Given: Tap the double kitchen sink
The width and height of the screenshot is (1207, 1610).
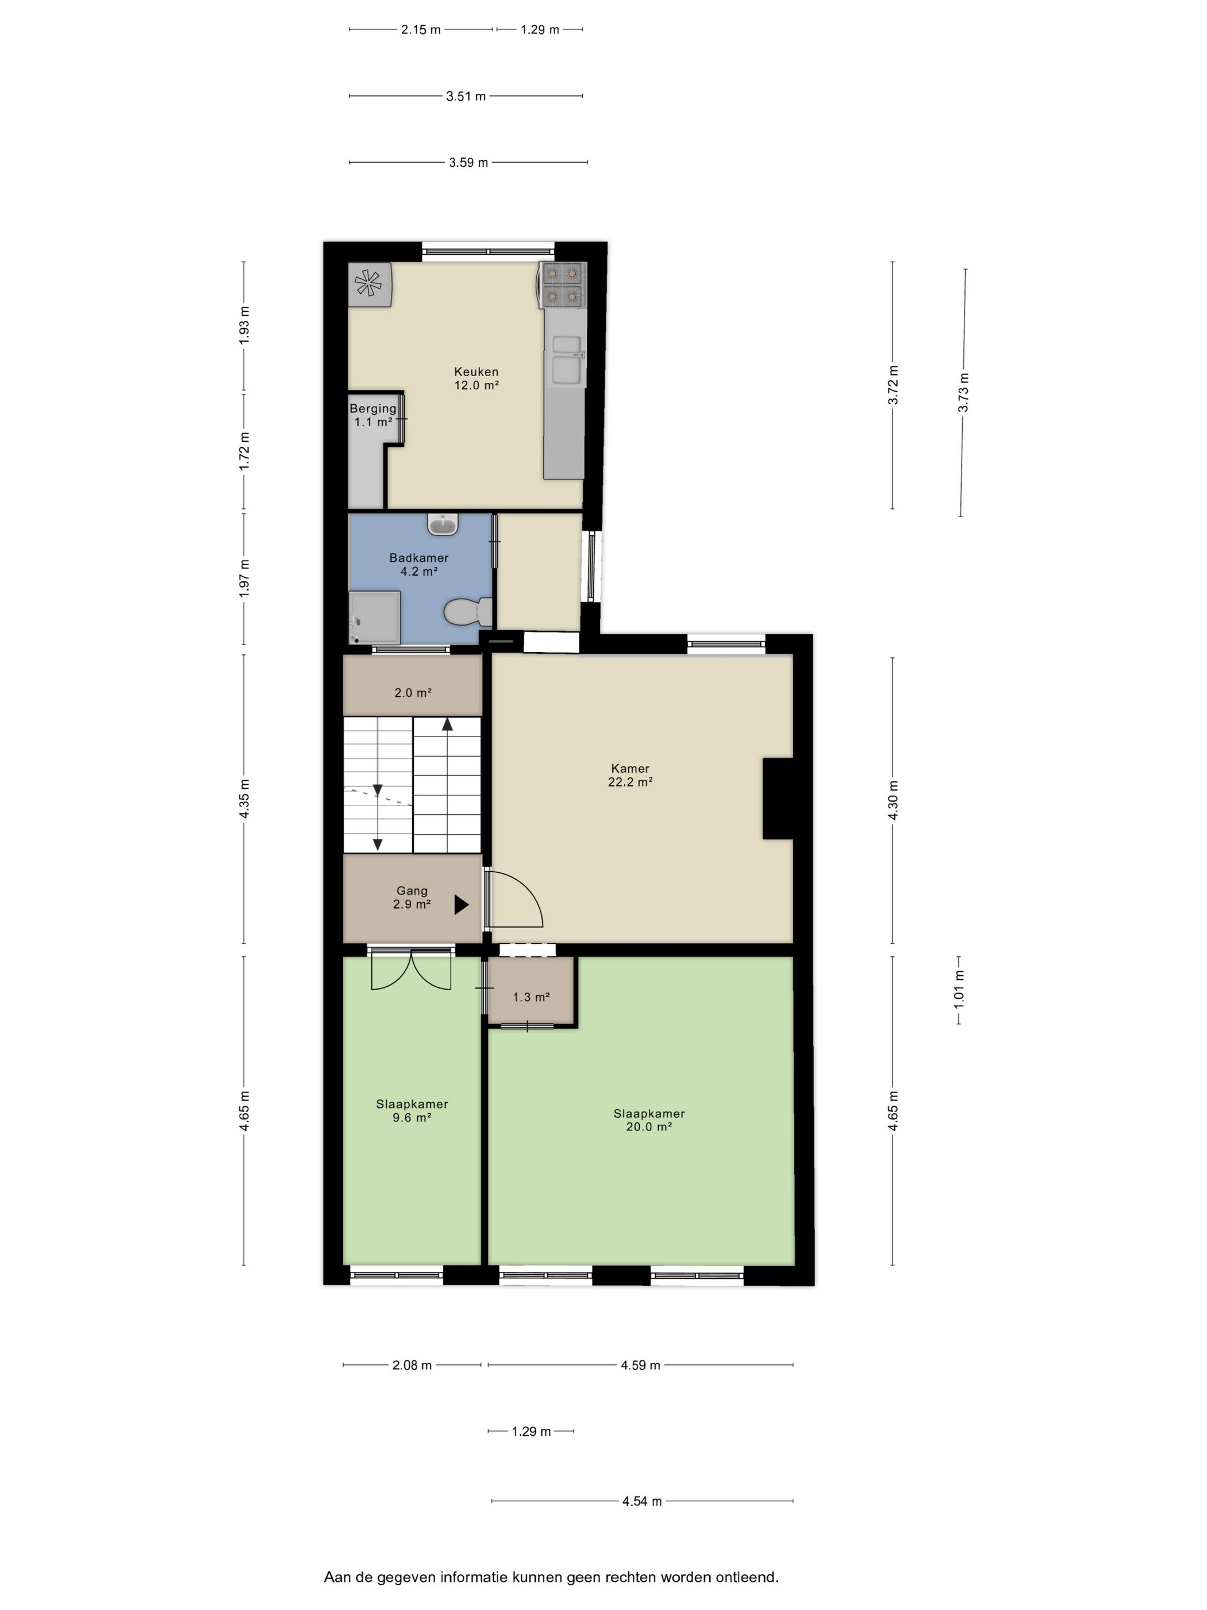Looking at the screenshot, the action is coord(567,359).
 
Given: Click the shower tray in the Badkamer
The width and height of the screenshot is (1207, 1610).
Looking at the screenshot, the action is coord(375,617).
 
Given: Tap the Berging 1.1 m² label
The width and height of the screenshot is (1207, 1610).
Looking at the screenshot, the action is coord(372,415).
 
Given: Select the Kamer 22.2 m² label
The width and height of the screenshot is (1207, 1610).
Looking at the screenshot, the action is coord(630,775).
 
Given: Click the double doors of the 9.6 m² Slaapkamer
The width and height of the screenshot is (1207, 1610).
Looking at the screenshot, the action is coord(411,969).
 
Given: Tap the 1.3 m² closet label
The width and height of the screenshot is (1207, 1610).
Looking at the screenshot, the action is coord(531,997).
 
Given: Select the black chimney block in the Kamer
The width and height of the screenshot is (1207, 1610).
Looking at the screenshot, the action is coord(777,799).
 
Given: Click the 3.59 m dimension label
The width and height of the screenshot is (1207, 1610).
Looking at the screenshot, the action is coord(468,162).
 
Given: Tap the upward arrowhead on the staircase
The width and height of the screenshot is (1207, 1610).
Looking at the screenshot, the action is coord(447,723).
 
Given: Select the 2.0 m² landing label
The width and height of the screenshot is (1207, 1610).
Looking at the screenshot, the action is coord(413,693).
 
